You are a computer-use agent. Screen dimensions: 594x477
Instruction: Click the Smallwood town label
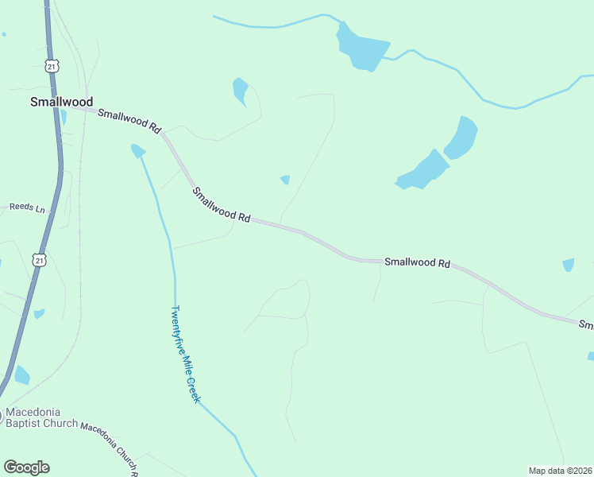61,102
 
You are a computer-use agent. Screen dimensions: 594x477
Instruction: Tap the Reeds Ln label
28,207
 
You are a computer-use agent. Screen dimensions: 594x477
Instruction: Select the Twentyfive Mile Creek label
185,354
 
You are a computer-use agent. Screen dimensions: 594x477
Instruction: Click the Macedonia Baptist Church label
41,418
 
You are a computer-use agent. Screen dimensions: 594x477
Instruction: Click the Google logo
26,467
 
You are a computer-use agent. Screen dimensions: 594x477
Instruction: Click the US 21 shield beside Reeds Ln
39,259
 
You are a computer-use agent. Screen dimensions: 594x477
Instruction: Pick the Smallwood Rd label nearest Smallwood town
129,119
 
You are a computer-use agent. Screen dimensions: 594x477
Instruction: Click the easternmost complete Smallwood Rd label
417,262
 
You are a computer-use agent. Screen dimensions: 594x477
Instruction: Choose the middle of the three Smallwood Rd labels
222,204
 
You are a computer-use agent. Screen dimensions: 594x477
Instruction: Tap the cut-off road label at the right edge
586,325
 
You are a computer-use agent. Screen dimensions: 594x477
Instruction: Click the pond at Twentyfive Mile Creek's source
138,150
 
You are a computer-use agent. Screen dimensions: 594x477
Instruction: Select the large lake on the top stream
362,45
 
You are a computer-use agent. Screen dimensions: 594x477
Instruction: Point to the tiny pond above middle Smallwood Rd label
285,180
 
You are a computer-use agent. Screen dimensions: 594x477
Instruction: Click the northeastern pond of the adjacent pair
461,137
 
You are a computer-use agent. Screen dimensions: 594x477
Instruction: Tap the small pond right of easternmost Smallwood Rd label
568,265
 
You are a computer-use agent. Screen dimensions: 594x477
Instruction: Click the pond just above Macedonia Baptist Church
22,375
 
